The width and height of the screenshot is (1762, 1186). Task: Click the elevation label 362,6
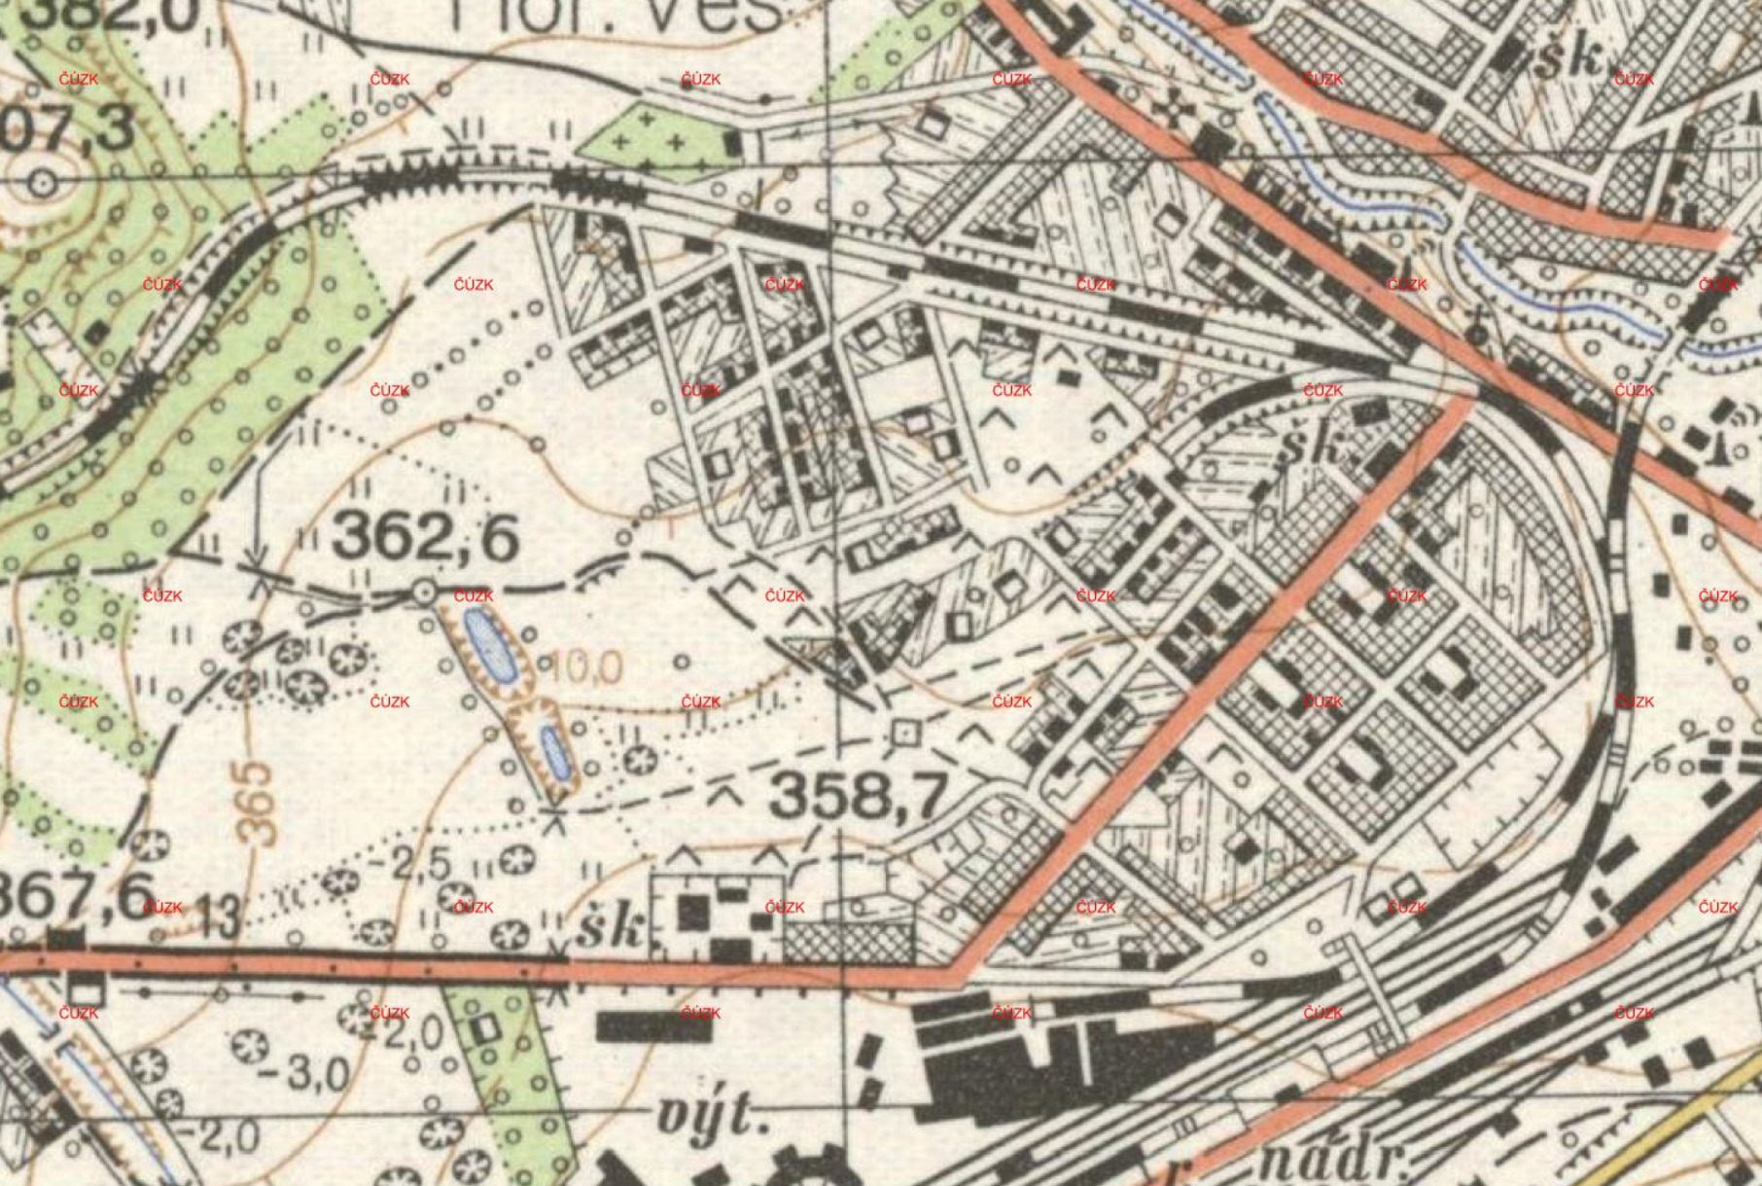click(425, 538)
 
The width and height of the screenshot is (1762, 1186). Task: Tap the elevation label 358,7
click(859, 798)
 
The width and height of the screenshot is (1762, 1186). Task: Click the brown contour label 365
click(256, 803)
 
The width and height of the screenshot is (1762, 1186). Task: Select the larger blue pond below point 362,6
click(488, 645)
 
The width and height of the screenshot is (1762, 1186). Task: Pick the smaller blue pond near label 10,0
click(555, 751)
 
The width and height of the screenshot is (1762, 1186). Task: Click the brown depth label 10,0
click(585, 668)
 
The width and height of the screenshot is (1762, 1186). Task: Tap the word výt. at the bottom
click(706, 1117)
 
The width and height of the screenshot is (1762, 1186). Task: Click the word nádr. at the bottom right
click(1339, 1162)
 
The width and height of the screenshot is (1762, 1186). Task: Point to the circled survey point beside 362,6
click(424, 592)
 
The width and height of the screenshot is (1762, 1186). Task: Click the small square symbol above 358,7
click(906, 733)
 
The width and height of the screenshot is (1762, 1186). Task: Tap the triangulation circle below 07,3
click(42, 182)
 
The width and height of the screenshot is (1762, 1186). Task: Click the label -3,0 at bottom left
click(305, 1074)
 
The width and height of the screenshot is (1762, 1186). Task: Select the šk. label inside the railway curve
click(1316, 449)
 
